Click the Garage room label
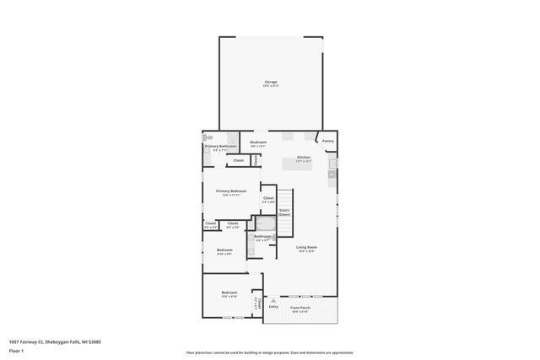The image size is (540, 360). [270, 82]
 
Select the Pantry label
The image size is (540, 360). [328, 141]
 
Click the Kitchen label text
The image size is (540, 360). [303, 158]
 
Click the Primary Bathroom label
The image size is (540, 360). [220, 147]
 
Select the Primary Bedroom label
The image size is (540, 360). [230, 191]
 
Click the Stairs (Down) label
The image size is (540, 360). [284, 212]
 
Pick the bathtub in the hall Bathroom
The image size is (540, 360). [266, 223]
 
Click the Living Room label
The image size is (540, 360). [305, 247]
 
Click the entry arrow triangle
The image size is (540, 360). [273, 299]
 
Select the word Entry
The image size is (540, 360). [273, 306]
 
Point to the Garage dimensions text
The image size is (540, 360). [270, 86]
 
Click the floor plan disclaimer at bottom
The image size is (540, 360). [270, 352]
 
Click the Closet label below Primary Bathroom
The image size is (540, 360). [238, 160]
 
